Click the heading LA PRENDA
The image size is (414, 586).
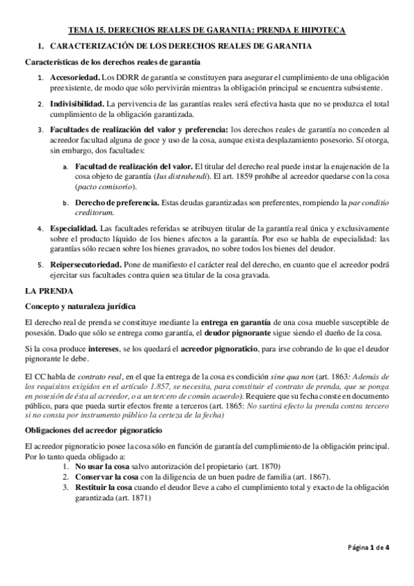click(45, 292)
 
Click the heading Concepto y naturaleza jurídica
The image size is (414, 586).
click(80, 305)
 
